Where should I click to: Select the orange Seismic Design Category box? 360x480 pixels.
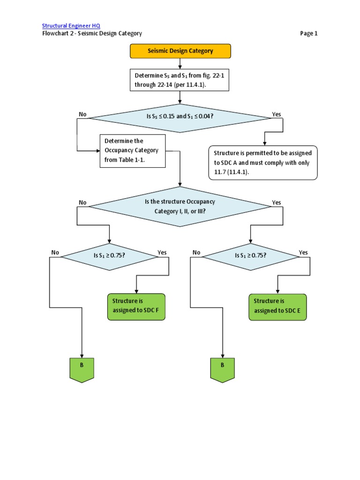[x=180, y=51]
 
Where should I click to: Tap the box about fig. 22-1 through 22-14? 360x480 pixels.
[x=180, y=80]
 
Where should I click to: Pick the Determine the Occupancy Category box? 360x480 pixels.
[x=133, y=151]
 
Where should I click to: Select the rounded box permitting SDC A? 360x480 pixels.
[x=263, y=163]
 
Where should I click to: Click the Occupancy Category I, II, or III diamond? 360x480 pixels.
[x=180, y=206]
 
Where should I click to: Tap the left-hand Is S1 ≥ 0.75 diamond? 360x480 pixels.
[x=109, y=256]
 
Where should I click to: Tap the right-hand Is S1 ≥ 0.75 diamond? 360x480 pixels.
[x=250, y=256]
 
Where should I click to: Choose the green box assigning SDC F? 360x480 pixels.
[x=136, y=307]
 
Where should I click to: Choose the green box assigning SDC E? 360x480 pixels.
[x=277, y=307]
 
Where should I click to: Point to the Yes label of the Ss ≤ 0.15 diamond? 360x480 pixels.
[x=277, y=114]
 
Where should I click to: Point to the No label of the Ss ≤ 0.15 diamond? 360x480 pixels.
[x=83, y=114]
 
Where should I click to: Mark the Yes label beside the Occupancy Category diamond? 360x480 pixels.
[x=277, y=202]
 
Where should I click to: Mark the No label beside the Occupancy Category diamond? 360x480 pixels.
[x=83, y=202]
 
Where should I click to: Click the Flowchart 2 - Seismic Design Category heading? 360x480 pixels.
[x=92, y=33]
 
